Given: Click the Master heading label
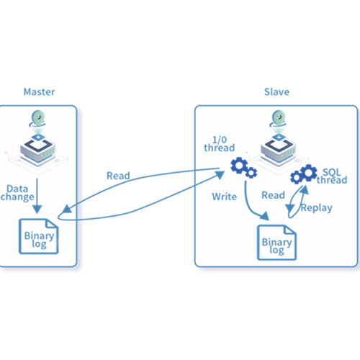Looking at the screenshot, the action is point(39,92).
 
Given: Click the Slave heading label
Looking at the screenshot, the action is point(276,92).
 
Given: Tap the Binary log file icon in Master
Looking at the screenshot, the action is point(39,236).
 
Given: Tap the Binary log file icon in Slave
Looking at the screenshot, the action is point(276,243).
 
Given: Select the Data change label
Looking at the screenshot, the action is point(17,193).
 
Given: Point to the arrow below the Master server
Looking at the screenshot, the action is point(37,196).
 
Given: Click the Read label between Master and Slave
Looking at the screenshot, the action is point(118,176).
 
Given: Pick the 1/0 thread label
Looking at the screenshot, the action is point(219,144).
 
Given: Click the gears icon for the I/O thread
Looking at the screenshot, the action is point(243,168).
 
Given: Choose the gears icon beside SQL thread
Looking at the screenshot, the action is point(304,174).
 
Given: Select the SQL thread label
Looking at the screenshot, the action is point(332,176).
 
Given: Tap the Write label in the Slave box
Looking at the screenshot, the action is point(225,197).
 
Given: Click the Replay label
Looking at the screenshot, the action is point(317,208).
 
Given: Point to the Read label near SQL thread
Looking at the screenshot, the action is point(273,195).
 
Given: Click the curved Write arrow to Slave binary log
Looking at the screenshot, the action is point(250,207).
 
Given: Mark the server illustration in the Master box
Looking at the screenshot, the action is point(37,150).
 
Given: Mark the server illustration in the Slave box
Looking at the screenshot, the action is point(279,150).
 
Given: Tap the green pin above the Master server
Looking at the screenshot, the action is point(38,119).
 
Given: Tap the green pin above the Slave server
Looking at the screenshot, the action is point(279,119).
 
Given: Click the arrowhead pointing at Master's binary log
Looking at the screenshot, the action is point(67,210).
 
